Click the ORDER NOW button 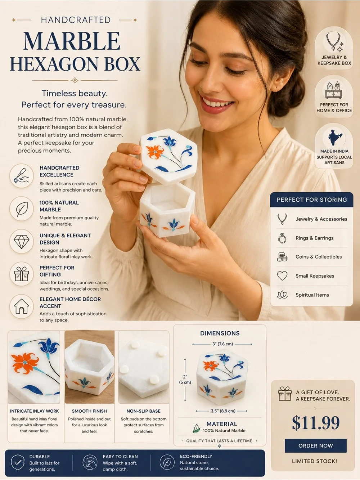(315, 445)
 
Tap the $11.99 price (316, 422)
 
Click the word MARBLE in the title (72, 41)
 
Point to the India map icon (334, 137)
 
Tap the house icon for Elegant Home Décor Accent (22, 306)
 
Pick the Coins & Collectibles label (319, 257)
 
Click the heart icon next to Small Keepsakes (282, 275)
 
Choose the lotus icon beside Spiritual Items (282, 295)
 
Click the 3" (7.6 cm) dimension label (222, 344)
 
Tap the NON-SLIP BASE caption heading (143, 411)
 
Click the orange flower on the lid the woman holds (155, 152)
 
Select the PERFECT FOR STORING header (312, 199)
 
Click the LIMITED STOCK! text (314, 461)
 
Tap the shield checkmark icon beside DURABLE (18, 462)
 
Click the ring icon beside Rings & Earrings (282, 238)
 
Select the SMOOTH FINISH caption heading (89, 411)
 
